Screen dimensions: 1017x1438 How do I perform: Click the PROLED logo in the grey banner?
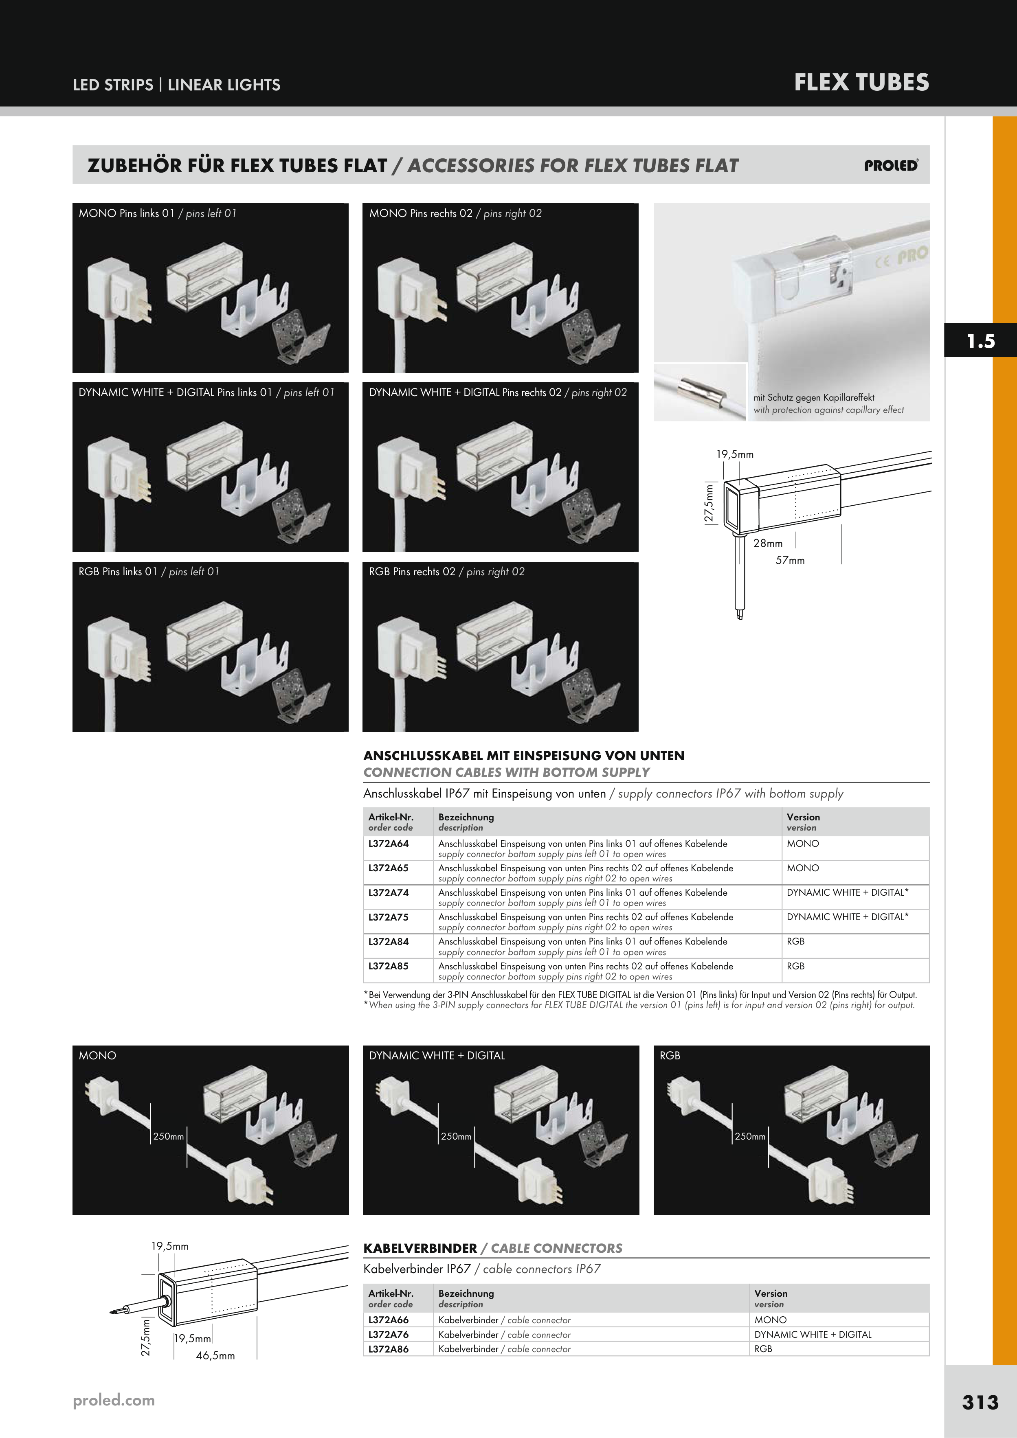tap(891, 165)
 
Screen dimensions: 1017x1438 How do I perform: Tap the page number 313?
tap(980, 1402)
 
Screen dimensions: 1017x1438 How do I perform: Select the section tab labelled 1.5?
tap(981, 341)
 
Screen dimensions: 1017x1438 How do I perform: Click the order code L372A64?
tap(389, 844)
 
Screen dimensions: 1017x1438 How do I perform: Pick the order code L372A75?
tap(389, 917)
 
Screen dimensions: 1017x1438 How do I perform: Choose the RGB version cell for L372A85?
tap(796, 966)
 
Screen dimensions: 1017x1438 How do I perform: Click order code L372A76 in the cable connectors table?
tap(389, 1334)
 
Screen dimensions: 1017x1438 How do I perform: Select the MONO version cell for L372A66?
tap(770, 1320)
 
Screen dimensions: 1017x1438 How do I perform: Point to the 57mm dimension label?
tap(790, 560)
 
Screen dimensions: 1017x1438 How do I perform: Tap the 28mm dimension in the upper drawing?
tap(768, 543)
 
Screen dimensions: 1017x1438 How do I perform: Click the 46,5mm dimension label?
tap(215, 1355)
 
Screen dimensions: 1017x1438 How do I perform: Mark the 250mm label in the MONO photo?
tap(169, 1136)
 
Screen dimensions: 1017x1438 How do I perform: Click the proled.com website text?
tap(113, 1401)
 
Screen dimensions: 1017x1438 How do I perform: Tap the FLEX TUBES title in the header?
tap(861, 83)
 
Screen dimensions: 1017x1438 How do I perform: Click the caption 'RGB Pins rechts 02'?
tap(412, 571)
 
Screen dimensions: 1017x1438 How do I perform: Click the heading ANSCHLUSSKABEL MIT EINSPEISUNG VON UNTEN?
tap(524, 755)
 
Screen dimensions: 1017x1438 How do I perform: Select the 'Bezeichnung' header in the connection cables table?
tap(466, 817)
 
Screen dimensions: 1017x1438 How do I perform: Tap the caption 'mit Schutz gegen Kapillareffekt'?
tap(814, 397)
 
